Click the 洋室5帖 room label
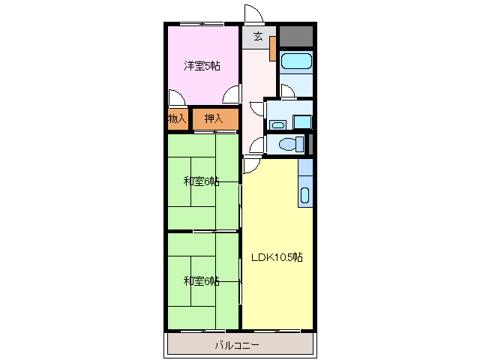point(202,66)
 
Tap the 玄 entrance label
point(257,36)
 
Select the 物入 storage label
point(177,118)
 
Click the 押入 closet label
point(214,118)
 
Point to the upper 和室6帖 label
point(202,181)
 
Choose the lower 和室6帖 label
point(202,281)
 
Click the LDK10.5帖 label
point(277,257)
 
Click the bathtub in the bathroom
point(295,61)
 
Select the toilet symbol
point(286,144)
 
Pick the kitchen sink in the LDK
point(304,196)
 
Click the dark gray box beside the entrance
point(295,37)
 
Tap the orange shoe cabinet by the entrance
point(273,47)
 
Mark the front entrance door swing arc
point(253,15)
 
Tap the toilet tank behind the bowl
point(300,144)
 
